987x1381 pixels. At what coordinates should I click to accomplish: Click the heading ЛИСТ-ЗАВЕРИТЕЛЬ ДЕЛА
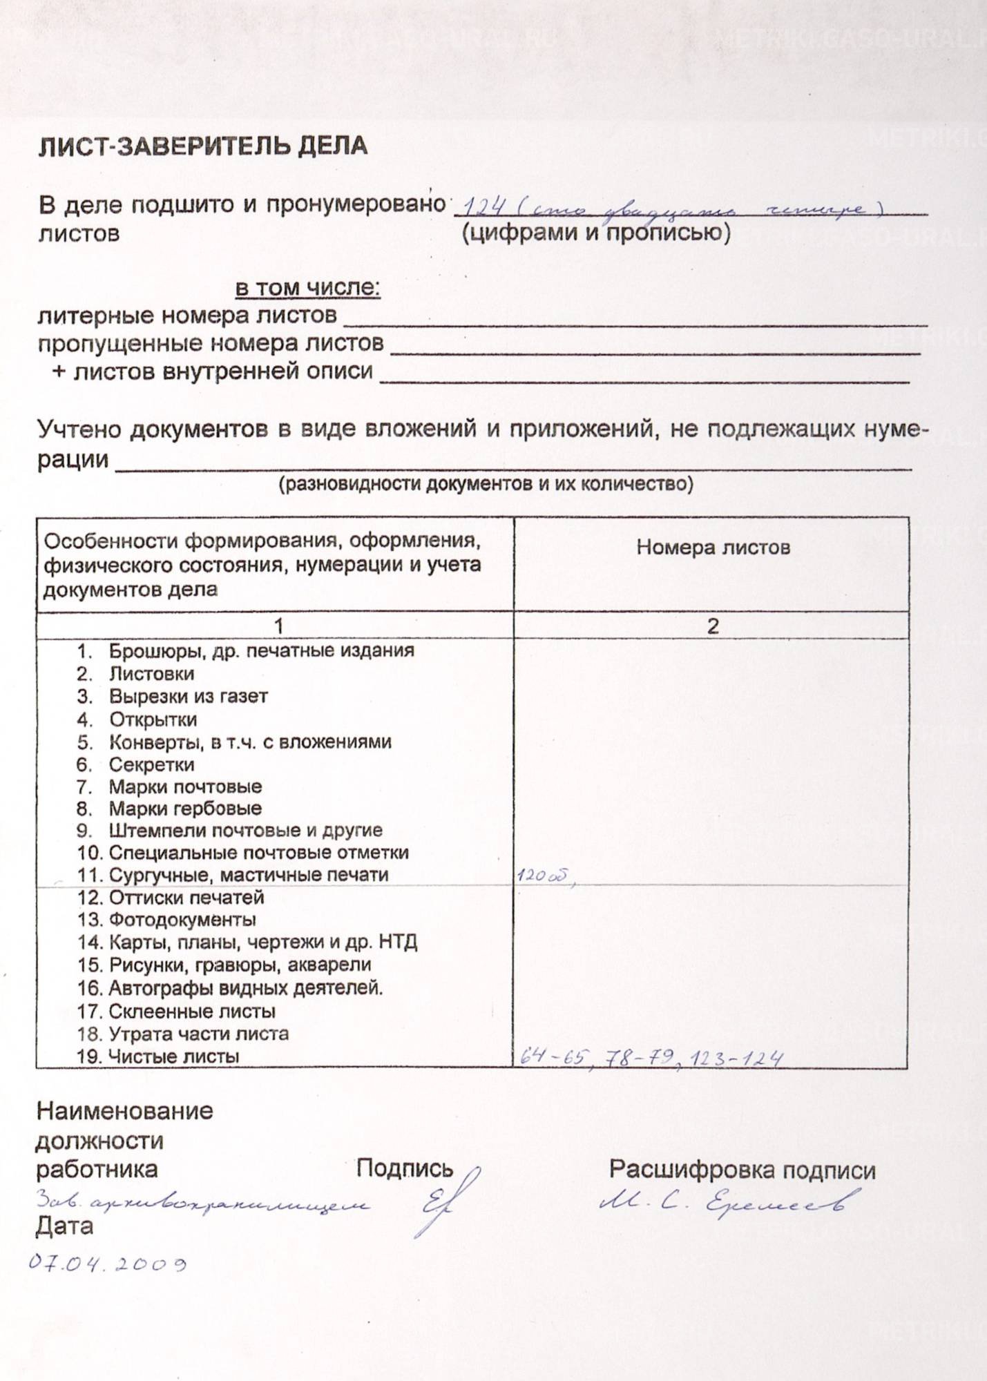[202, 146]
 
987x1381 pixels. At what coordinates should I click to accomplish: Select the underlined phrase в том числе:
[308, 287]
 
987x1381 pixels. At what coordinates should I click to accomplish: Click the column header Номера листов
[713, 548]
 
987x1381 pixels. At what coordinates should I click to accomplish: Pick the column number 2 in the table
[712, 626]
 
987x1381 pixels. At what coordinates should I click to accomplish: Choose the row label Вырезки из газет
[188, 697]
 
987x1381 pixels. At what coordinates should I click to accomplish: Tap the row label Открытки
[153, 720]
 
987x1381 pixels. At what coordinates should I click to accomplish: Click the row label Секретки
[151, 764]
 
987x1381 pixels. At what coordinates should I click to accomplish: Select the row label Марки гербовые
[185, 809]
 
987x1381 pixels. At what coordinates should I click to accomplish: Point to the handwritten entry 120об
[543, 876]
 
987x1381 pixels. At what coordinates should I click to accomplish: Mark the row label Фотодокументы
[182, 920]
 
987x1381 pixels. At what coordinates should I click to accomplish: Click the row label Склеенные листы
[192, 1012]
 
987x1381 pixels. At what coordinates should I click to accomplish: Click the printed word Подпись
[404, 1168]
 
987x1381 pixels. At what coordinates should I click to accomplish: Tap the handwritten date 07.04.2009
[107, 1264]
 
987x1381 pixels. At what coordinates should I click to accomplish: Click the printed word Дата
[64, 1226]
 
